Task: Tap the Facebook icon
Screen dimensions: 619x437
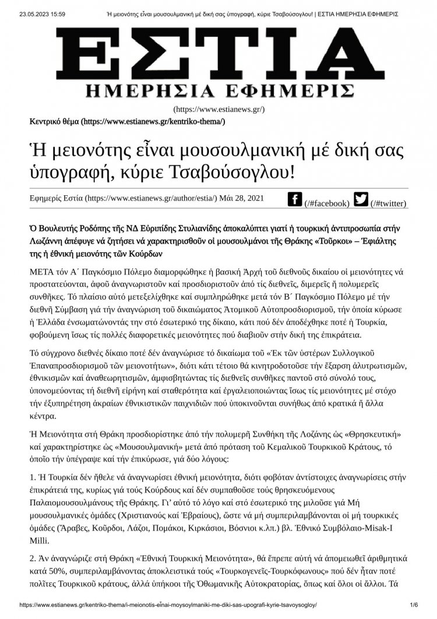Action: [x=295, y=199]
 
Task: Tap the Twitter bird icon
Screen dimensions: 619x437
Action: [x=361, y=199]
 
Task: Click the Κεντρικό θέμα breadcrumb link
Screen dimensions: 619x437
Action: [x=54, y=121]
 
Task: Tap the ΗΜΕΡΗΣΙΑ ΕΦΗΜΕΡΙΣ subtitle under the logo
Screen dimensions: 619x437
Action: [x=218, y=90]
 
